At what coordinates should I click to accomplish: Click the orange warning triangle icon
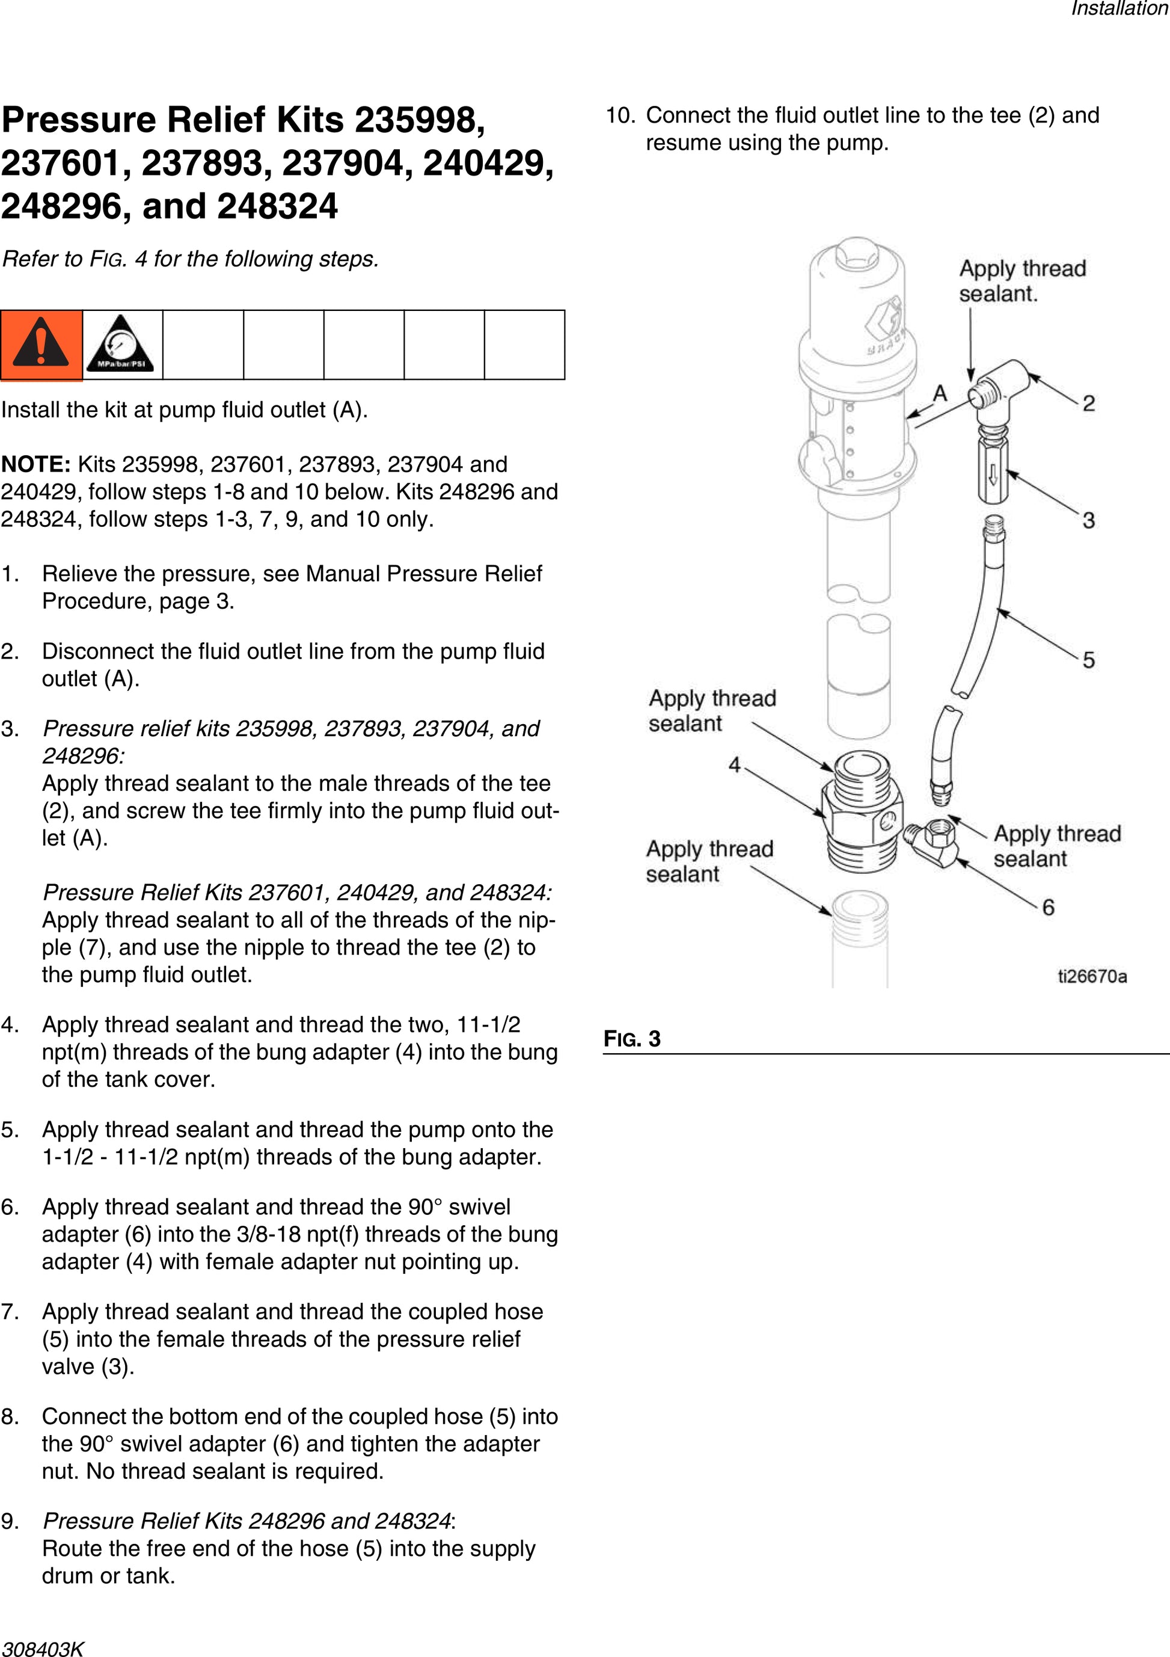(41, 343)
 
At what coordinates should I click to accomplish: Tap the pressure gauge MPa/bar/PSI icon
(122, 343)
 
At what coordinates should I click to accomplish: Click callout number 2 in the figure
(1088, 404)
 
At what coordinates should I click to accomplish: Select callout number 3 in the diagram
(1088, 520)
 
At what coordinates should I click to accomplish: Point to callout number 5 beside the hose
(1088, 660)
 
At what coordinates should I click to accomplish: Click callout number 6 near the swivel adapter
(1048, 907)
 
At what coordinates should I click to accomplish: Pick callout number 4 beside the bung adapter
(734, 765)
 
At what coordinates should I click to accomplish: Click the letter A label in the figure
(940, 394)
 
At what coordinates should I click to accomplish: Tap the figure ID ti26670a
(1092, 976)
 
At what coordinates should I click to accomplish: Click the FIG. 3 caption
(632, 1039)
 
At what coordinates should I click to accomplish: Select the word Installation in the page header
(1119, 8)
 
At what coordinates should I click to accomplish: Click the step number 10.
(620, 115)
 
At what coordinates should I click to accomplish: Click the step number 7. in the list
(10, 1311)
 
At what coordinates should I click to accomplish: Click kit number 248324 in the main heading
(277, 206)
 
